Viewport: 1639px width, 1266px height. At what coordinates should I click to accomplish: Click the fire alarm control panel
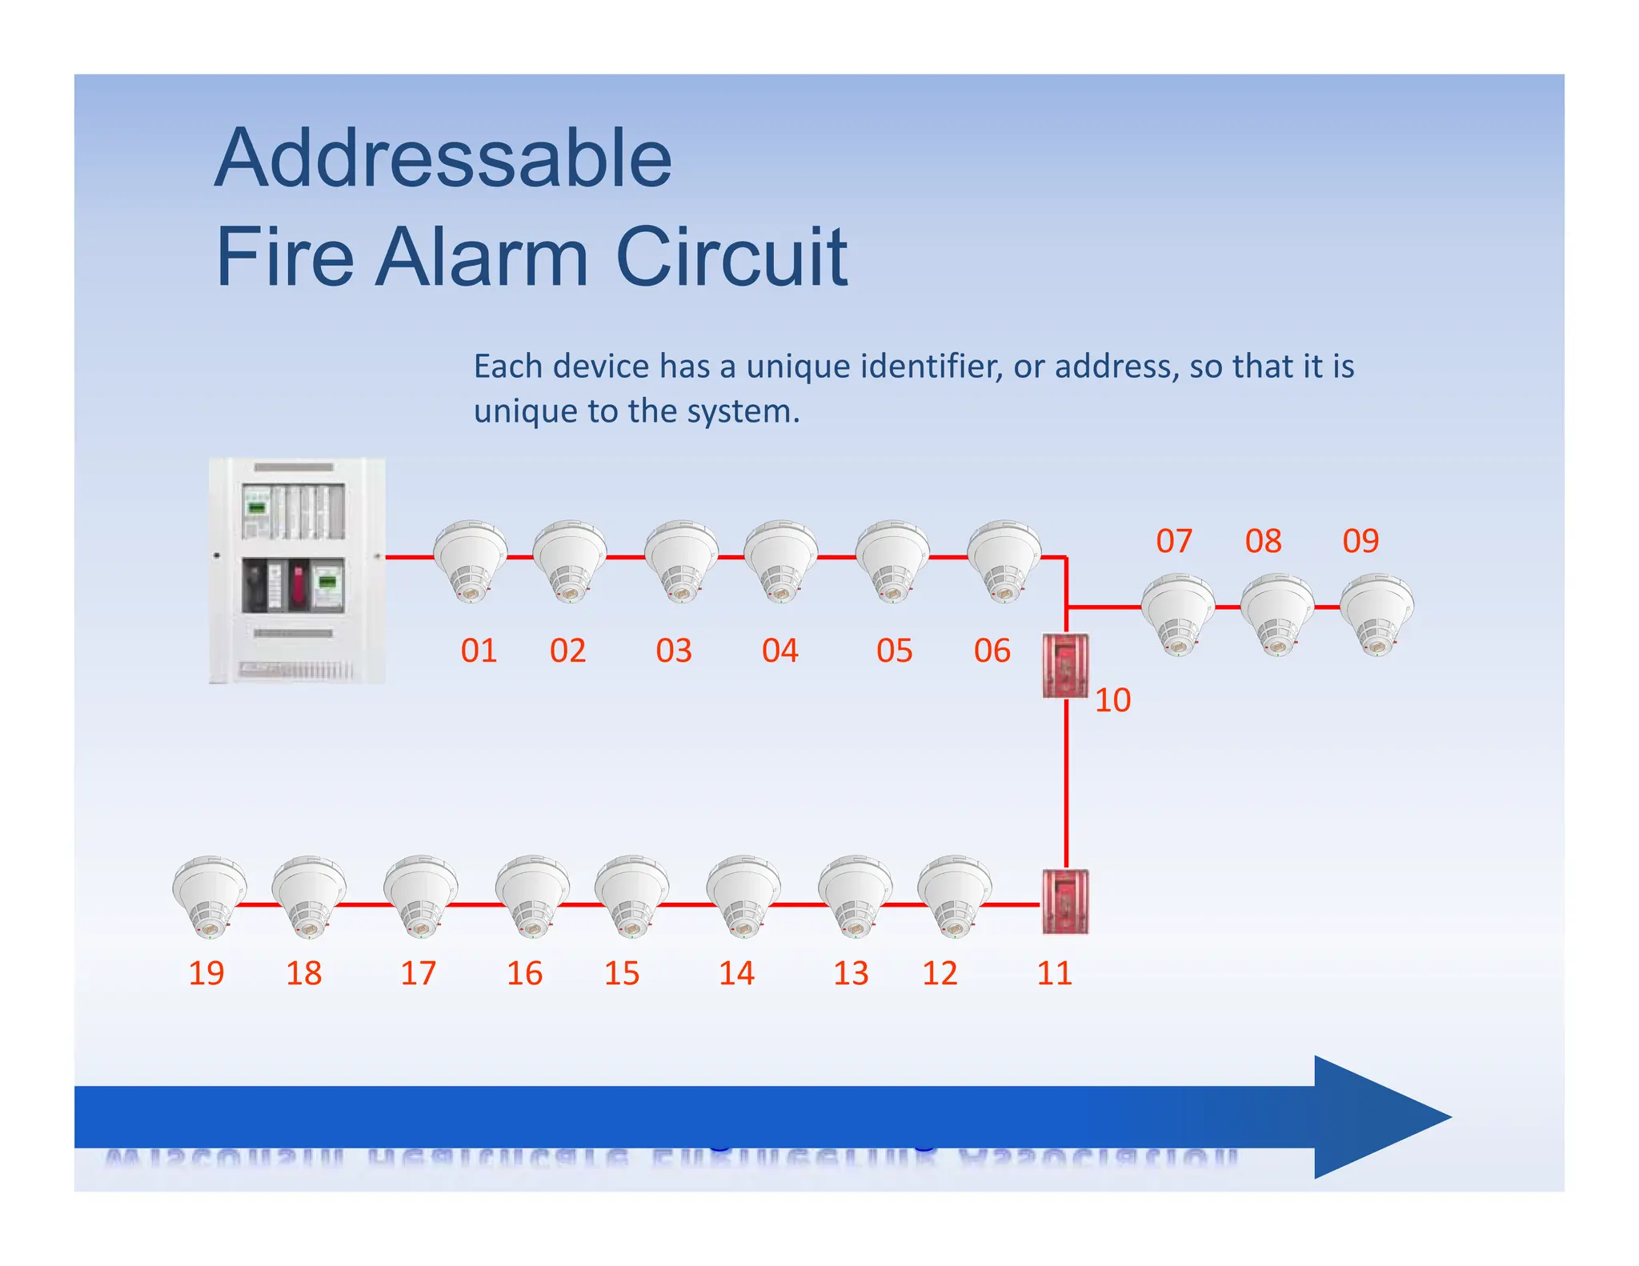(297, 570)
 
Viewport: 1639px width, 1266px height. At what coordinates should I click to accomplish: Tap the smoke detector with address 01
(470, 560)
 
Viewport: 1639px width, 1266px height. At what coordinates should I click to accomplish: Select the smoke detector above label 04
(780, 560)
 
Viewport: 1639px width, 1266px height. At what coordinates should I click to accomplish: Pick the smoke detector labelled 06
(1004, 560)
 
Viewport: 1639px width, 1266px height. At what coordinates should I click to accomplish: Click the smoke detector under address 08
(1277, 613)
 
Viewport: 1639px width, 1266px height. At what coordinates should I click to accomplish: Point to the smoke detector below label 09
(1377, 613)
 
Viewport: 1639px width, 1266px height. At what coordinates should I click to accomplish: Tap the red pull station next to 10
(1065, 665)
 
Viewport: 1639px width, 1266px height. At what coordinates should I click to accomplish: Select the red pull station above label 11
(1065, 901)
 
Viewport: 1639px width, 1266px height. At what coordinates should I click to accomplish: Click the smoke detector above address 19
(210, 895)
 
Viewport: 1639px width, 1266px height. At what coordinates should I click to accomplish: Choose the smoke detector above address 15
(631, 895)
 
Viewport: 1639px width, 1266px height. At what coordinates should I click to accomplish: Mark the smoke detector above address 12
(954, 895)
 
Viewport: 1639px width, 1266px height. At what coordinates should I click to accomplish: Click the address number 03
(673, 651)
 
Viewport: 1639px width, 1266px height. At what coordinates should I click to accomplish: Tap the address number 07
(1174, 541)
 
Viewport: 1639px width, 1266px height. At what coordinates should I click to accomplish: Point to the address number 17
(418, 973)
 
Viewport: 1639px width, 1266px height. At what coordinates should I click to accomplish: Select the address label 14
(736, 973)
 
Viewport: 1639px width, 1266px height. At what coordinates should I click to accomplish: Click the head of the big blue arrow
(1377, 1116)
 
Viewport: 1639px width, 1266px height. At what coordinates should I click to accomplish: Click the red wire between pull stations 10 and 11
(1066, 784)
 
